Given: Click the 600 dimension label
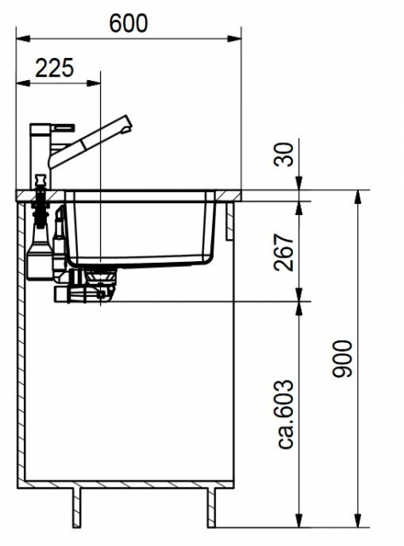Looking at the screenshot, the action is tap(128, 23).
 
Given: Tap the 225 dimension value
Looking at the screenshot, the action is tap(55, 68).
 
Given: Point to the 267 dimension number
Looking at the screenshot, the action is tap(284, 253).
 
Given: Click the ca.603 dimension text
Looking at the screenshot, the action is tap(286, 415).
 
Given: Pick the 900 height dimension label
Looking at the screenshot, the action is tap(343, 358).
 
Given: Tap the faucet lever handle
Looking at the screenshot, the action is tap(63, 127).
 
